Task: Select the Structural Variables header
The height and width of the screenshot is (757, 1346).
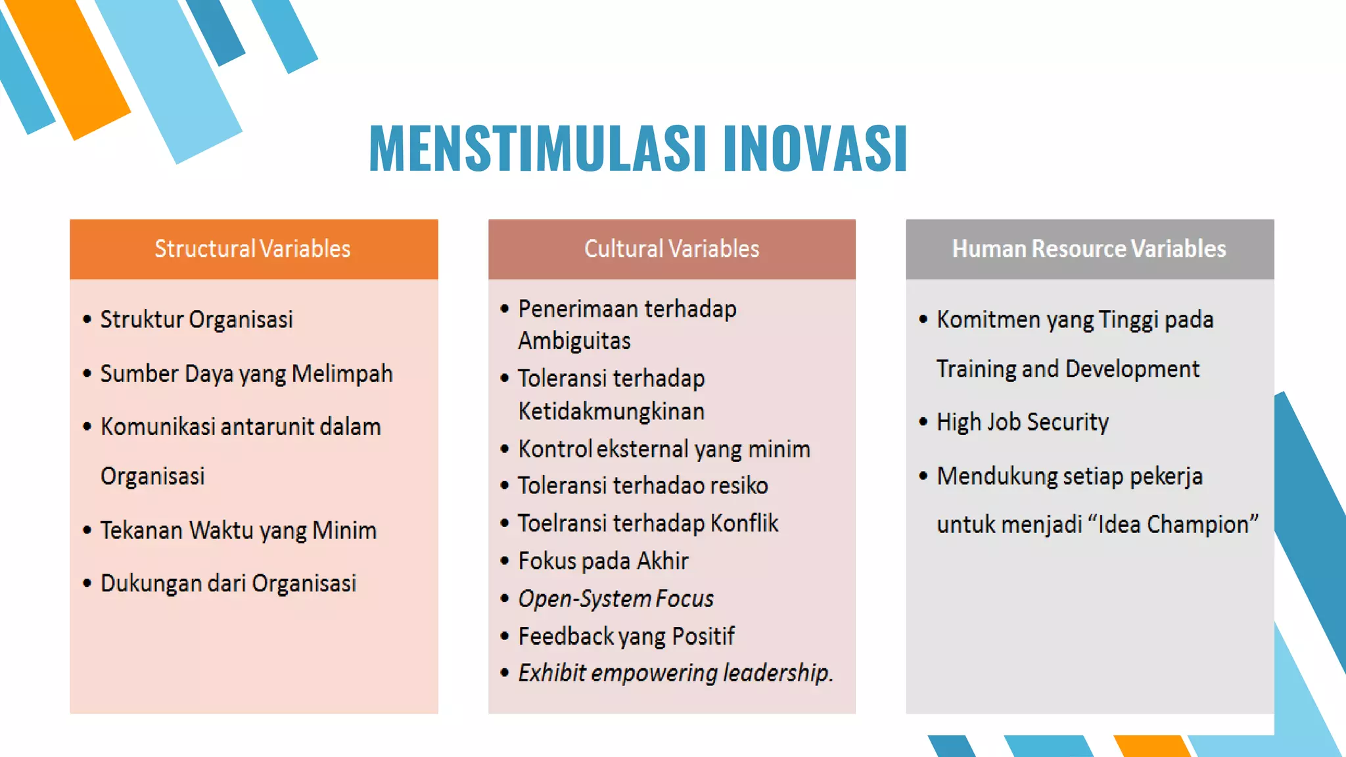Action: click(x=253, y=249)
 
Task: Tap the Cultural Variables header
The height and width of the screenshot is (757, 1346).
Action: click(x=672, y=249)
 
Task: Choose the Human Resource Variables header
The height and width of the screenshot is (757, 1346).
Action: click(x=1089, y=249)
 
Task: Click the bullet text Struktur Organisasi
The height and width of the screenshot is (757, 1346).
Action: click(x=196, y=319)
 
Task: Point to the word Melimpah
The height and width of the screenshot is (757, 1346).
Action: click(x=342, y=373)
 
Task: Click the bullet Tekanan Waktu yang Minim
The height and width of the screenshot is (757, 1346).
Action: click(x=238, y=530)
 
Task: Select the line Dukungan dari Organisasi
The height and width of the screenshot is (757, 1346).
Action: click(x=228, y=584)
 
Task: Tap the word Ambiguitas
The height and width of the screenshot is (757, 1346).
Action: click(x=574, y=341)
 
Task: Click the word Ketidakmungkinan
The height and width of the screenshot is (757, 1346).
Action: click(x=611, y=411)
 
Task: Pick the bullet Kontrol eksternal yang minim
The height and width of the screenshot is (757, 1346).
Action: click(x=664, y=449)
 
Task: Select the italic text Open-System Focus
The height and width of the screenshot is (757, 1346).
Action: click(x=616, y=599)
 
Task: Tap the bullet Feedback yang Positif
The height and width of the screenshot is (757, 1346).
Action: click(x=626, y=636)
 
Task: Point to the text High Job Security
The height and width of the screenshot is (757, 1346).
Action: click(x=1022, y=422)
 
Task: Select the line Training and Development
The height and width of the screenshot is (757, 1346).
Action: click(x=1067, y=369)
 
